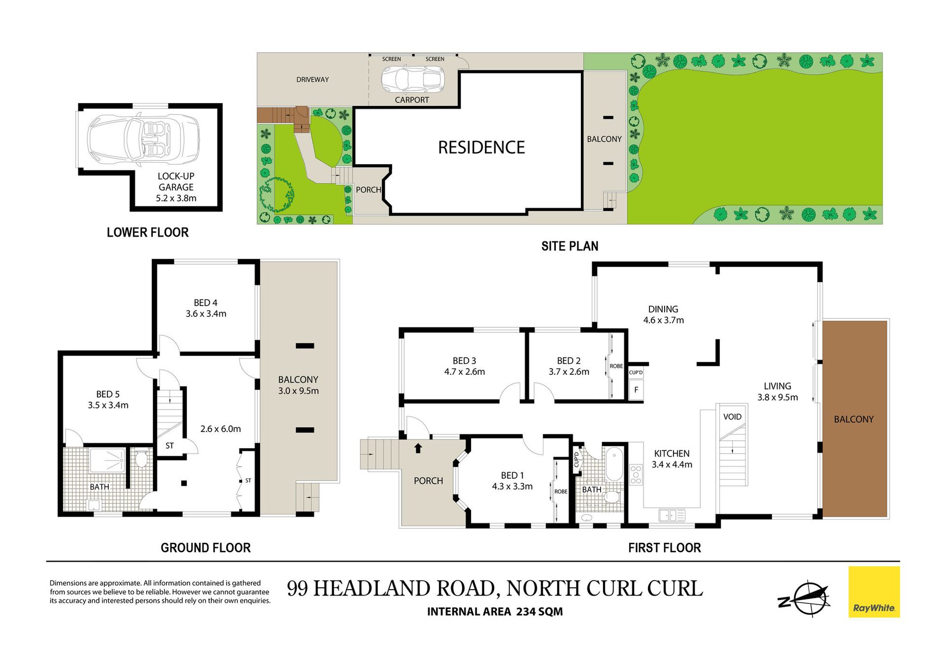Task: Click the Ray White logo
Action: coord(874,592)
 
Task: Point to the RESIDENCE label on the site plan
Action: coord(481,147)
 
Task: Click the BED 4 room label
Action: coord(205,303)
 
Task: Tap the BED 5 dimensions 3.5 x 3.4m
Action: coord(108,405)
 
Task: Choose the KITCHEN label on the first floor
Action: coord(672,454)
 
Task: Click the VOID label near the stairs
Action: coord(732,417)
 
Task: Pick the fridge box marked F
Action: coord(636,389)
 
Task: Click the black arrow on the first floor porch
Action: coord(418,448)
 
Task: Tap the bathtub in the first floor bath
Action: coord(614,463)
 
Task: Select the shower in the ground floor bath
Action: coord(107,460)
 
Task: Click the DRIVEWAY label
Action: coord(312,79)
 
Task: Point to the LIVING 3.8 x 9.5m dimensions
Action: coord(777,397)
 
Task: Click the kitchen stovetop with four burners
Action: coord(636,474)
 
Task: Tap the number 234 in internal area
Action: coord(526,611)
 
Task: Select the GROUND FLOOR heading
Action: coord(205,548)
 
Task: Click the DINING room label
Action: coord(663,309)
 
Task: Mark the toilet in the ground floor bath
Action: coord(141,458)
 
